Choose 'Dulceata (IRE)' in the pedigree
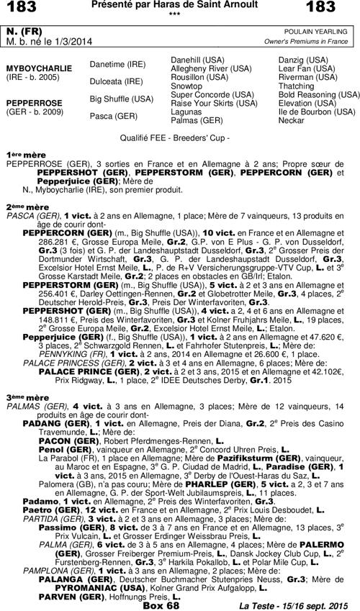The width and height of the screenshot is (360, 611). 116,81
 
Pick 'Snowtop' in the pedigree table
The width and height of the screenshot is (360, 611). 186,86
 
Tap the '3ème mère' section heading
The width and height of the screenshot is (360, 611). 27,397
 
